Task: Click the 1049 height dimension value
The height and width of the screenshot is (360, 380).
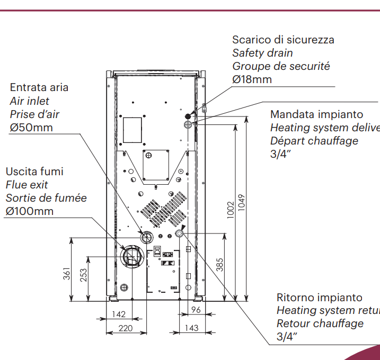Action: tap(242, 202)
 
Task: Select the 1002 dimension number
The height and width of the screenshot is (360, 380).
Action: tap(229, 210)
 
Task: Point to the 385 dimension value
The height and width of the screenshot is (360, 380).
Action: tap(219, 264)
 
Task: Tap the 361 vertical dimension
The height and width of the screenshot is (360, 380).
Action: tap(67, 274)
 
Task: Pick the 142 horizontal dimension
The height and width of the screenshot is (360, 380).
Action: tap(119, 314)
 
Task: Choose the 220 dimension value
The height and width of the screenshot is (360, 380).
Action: tap(126, 328)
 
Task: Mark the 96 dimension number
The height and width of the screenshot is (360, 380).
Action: tap(196, 310)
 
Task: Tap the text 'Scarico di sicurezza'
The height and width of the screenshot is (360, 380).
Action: tap(283, 40)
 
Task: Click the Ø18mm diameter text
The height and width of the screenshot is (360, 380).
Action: tap(252, 79)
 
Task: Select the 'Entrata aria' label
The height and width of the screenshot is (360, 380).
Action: tap(39, 87)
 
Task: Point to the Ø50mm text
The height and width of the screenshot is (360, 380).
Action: tap(31, 127)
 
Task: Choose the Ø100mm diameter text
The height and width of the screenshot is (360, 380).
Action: tap(30, 211)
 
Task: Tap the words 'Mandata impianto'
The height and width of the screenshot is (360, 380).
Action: tap(316, 114)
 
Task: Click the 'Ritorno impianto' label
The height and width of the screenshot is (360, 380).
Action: tap(320, 298)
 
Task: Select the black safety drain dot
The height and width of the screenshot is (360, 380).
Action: tap(188, 116)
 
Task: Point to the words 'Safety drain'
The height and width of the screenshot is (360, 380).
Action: tap(262, 53)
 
